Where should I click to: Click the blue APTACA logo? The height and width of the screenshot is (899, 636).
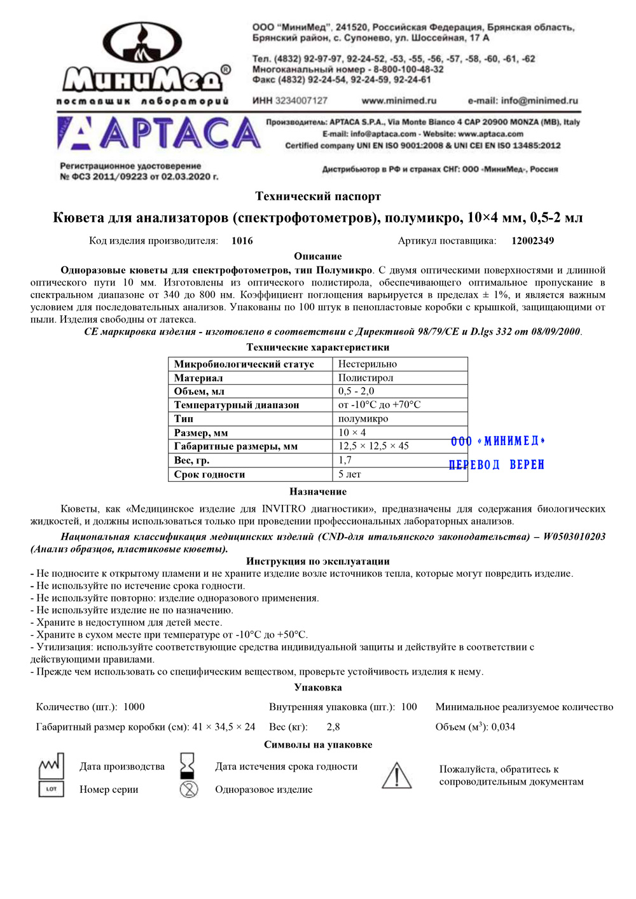pos(159,134)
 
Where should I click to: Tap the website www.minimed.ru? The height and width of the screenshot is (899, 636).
pos(399,100)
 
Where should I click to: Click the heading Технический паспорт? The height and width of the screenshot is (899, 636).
pos(318,196)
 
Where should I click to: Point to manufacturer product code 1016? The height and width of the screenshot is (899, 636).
pos(242,241)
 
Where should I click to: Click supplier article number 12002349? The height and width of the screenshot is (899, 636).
pos(532,241)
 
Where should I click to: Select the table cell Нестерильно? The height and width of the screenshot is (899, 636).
pos(368,364)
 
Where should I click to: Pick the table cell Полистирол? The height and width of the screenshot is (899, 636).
pos(366,378)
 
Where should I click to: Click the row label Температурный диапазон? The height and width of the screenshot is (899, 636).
pos(237,405)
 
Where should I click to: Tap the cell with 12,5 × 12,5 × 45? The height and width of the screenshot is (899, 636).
pos(373,446)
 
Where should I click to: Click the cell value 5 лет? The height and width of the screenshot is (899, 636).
pos(350,474)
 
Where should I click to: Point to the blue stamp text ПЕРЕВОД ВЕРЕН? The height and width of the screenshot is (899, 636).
pos(497,465)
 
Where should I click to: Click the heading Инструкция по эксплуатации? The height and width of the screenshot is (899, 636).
pos(318,561)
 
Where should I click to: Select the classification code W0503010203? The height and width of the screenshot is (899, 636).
pos(574,537)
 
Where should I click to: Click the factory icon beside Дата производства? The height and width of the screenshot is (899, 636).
pos(52,766)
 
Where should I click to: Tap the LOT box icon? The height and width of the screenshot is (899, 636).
pos(52,789)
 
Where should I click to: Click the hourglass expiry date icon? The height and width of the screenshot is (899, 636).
pos(188,765)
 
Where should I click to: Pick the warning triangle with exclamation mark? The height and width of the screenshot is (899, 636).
pos(396,776)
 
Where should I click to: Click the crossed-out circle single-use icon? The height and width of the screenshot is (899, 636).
pos(189,790)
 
